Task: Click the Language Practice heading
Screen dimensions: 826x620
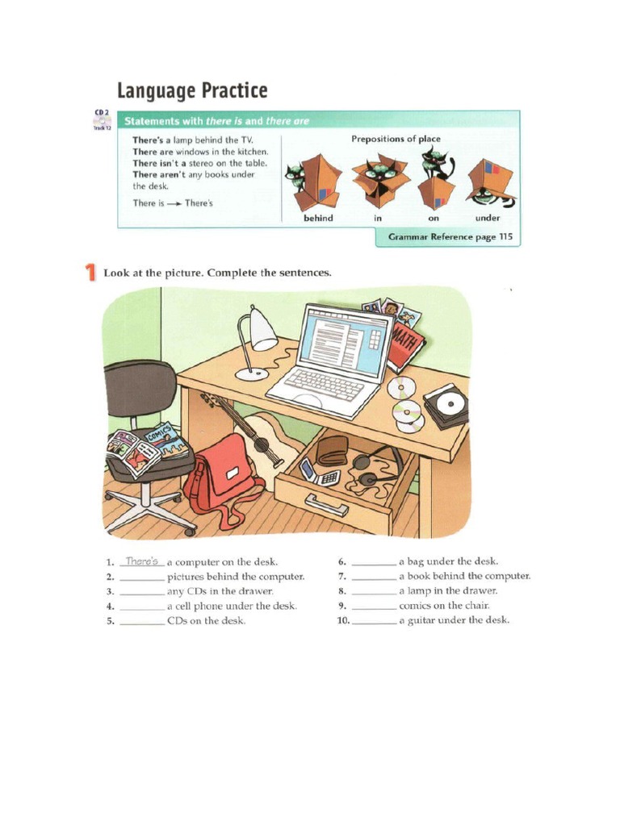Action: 192,90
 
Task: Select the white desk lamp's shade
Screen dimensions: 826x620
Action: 262,329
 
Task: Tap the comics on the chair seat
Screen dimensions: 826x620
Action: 147,448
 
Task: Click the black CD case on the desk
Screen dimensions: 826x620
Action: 446,404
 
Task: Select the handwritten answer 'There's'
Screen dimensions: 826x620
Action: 144,561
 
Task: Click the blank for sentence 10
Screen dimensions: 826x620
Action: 375,621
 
